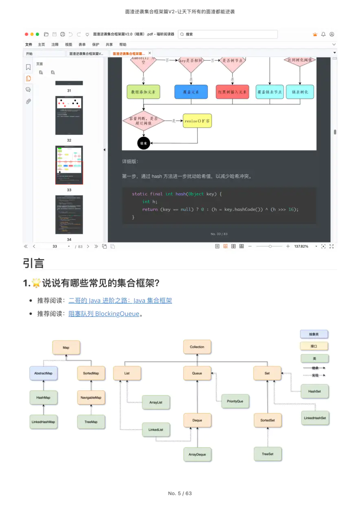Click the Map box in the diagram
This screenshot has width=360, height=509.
[x=66, y=348]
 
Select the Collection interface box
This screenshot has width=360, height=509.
[x=197, y=347]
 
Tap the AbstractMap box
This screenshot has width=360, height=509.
[x=44, y=373]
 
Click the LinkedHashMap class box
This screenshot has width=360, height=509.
[x=43, y=422]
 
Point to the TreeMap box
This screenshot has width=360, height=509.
[x=91, y=422]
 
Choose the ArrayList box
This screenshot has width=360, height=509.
[x=156, y=402]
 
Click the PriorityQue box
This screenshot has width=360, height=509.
[x=235, y=401]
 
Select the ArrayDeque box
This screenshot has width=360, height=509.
[x=197, y=454]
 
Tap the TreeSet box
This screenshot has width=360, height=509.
[x=268, y=454]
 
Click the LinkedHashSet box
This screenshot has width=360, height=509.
[x=315, y=418]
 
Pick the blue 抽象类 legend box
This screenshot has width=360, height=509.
[x=314, y=334]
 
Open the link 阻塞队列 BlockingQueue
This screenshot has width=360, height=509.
[x=104, y=314]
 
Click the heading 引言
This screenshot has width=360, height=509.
[x=33, y=263]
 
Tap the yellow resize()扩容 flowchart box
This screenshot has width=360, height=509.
[x=197, y=121]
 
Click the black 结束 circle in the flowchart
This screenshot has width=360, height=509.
[x=144, y=143]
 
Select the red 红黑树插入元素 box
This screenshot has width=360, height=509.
[x=232, y=92]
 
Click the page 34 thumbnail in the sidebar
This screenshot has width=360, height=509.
[x=69, y=215]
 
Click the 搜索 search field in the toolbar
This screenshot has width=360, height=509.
[x=228, y=34]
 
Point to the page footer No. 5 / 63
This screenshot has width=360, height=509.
[x=180, y=493]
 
